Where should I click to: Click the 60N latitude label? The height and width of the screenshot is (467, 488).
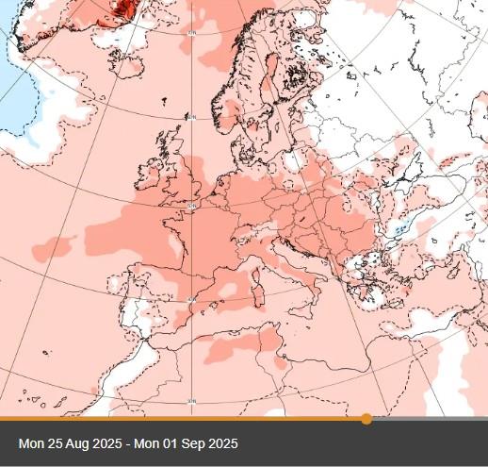coord(192,117)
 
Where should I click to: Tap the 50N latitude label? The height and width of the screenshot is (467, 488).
coord(192,206)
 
